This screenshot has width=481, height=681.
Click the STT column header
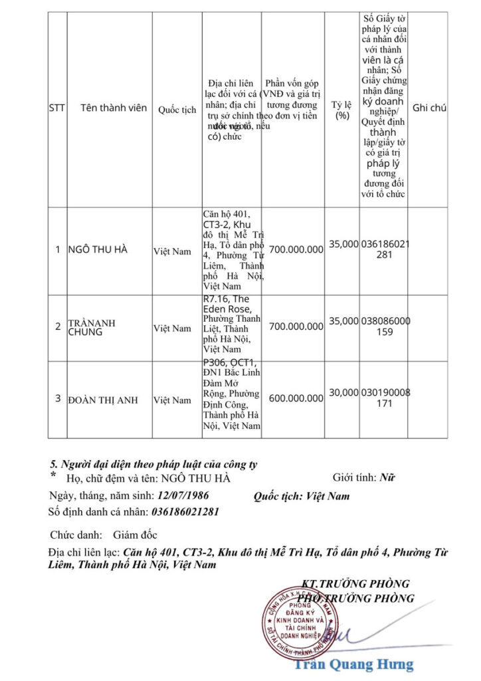[57, 108]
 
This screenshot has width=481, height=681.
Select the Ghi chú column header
[429, 108]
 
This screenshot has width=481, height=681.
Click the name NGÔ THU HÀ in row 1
[98, 250]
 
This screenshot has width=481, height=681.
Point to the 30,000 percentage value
[343, 392]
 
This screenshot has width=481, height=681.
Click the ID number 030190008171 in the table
[385, 398]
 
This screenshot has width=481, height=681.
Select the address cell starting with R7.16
[231, 324]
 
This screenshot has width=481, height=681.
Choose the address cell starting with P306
[231, 394]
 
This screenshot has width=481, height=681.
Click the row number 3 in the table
[58, 398]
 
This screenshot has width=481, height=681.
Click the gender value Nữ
[387, 477]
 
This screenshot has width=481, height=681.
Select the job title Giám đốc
[135, 535]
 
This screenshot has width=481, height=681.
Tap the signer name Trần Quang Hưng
[353, 664]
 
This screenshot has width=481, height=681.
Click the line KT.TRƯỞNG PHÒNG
[355, 584]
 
